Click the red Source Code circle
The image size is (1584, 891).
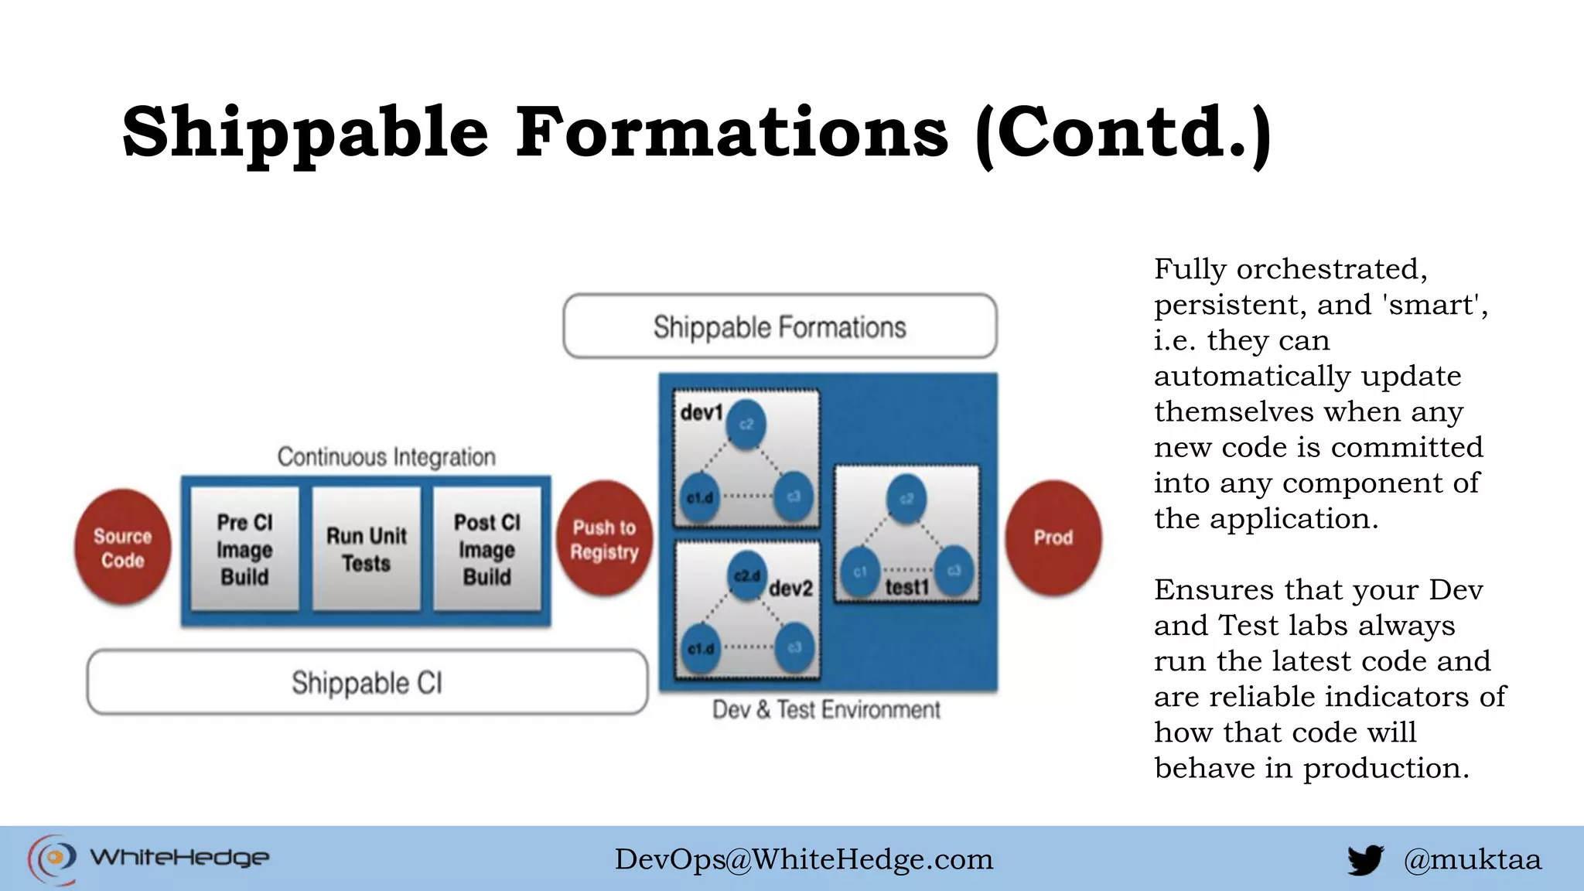122,547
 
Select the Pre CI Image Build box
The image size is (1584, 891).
244,549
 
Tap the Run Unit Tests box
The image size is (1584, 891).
366,549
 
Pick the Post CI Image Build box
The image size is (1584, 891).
487,549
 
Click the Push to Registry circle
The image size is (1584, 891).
604,539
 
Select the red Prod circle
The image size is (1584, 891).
1053,538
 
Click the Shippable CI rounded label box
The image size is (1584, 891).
367,682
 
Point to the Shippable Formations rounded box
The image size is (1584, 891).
780,326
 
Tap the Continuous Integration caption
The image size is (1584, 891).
386,457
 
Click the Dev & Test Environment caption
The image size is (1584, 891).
826,709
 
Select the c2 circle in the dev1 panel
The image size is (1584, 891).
746,424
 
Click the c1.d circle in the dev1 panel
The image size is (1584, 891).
700,497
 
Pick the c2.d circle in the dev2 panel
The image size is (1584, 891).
747,576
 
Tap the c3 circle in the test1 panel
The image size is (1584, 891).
954,571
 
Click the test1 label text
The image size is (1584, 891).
906,588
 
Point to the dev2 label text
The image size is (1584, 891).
791,589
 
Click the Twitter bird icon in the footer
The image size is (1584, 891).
1365,859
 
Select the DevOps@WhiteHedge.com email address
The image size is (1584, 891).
804,859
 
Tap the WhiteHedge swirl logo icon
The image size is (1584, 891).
53,859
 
